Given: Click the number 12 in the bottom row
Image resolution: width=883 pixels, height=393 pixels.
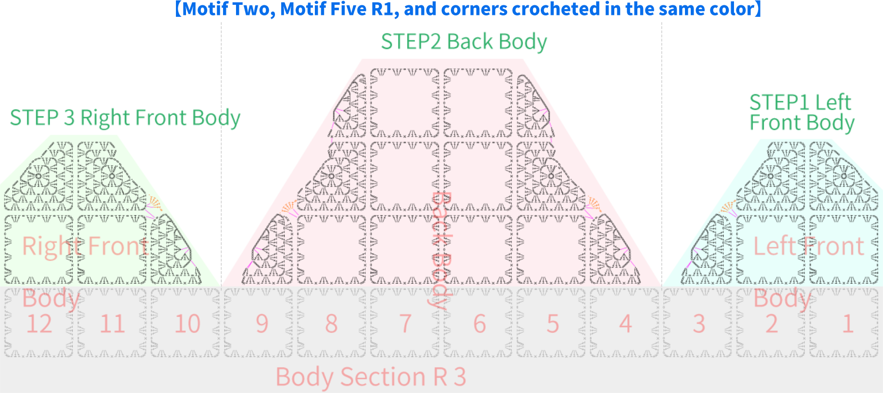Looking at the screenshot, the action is coord(39,324).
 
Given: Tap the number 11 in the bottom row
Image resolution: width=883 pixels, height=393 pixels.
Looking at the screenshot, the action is coord(112,324).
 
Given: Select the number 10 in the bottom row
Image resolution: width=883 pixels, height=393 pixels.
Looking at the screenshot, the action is coord(187,324).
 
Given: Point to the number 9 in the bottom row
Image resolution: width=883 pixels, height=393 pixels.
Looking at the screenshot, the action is coord(262,324).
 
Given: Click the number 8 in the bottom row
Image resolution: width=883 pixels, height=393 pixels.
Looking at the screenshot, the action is coord(331,324).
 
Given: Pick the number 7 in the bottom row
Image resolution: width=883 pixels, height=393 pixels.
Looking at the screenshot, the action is coord(406,324).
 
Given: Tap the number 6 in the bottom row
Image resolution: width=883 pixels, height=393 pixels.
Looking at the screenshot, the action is coord(480,324).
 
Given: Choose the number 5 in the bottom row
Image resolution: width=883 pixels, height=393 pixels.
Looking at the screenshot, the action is coord(553,324).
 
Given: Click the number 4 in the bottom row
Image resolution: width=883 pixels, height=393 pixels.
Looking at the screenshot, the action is coord(625,324).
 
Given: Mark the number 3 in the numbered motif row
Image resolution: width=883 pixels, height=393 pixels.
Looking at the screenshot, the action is coord(699,324).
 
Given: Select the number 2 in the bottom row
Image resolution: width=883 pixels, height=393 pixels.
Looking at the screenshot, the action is coord(771,324).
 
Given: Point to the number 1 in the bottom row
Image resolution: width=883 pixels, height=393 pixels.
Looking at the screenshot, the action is coord(847,324).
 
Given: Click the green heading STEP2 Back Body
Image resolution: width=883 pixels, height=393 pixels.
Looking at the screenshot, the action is coord(464,42).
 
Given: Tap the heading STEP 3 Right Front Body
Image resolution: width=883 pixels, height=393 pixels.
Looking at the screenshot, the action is coord(125,118).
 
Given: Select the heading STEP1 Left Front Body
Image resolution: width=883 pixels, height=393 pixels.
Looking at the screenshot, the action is coord(802,113).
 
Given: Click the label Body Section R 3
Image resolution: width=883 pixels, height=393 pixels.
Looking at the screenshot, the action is coord(371,377).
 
